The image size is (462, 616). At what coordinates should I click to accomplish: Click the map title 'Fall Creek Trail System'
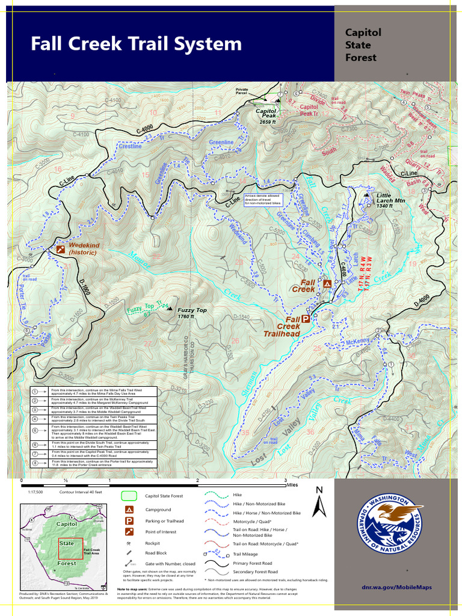[136, 44]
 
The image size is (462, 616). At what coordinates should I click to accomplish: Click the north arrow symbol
[321, 502]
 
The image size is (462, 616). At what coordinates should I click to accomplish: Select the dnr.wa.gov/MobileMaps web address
[396, 587]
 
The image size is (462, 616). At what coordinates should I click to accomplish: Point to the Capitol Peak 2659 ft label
[266, 116]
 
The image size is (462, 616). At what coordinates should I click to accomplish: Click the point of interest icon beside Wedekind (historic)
[60, 248]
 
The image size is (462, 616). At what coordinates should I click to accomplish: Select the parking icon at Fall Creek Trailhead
[306, 320]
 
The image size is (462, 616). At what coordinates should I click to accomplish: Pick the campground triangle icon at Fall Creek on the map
[327, 283]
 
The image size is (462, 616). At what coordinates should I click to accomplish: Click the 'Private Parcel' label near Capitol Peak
[241, 91]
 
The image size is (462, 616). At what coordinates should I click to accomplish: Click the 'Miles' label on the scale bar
[292, 484]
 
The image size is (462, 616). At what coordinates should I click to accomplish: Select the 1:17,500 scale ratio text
[35, 491]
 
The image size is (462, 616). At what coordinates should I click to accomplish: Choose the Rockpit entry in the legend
[156, 543]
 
